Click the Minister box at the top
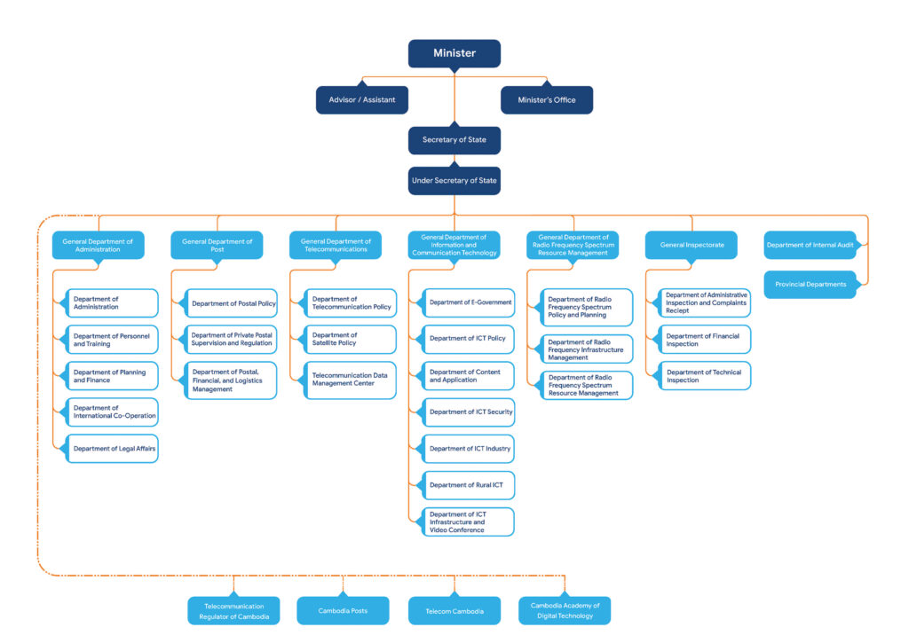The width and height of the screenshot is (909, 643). coord(454,53)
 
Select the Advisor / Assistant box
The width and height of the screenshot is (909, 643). coord(361,100)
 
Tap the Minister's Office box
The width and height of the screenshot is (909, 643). coord(546,100)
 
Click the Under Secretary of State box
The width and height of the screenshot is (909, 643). coord(454,181)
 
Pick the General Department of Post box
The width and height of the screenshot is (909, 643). coord(217,246)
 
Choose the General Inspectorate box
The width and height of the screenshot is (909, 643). coord(691,246)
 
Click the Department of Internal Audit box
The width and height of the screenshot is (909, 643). coord(810,246)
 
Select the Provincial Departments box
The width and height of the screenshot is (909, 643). coord(810,285)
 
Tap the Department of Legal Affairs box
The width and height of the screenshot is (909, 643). coord(114,449)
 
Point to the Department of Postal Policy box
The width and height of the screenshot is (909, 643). coord(232,303)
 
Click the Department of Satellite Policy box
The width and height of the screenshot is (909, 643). coord(351,340)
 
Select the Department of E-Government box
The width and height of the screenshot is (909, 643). coord(470,302)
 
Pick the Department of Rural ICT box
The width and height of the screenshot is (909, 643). coord(470,485)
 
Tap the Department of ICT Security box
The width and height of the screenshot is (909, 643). coord(470,412)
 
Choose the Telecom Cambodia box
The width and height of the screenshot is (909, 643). coord(454,611)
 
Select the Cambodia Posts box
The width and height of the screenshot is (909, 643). coord(343,611)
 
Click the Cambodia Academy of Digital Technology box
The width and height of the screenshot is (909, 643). coord(565,611)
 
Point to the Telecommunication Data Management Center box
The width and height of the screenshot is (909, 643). coord(351,380)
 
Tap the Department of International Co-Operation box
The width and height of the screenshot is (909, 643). coord(114,412)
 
